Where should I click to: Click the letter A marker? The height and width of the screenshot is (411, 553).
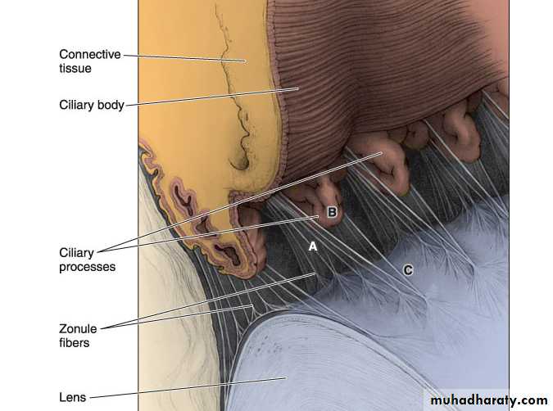point(313,246)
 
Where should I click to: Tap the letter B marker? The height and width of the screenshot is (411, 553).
point(332,212)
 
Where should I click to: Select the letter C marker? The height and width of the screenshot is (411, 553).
point(408,270)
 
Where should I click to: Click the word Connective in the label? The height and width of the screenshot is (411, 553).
point(90,54)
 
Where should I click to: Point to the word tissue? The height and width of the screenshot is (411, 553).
point(75,68)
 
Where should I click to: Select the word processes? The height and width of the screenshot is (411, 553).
point(87,267)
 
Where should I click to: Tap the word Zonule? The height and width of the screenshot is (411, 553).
point(78,328)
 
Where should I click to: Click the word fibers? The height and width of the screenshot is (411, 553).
point(74,342)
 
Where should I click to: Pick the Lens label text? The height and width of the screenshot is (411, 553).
point(73,397)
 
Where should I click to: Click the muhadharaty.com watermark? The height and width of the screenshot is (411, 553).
point(489,400)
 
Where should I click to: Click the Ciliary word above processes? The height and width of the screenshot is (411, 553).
point(76,253)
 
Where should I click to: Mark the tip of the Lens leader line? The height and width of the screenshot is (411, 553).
point(286,378)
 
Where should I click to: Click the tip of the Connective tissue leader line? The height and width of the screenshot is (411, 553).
point(246,61)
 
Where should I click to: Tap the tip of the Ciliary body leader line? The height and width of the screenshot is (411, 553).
point(299,88)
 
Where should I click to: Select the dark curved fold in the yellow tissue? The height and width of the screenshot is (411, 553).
point(241,163)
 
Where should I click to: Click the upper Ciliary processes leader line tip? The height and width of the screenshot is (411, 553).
point(383,153)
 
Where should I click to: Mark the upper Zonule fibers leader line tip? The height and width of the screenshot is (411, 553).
point(315,273)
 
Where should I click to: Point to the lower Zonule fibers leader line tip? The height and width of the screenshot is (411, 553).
point(253,306)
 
